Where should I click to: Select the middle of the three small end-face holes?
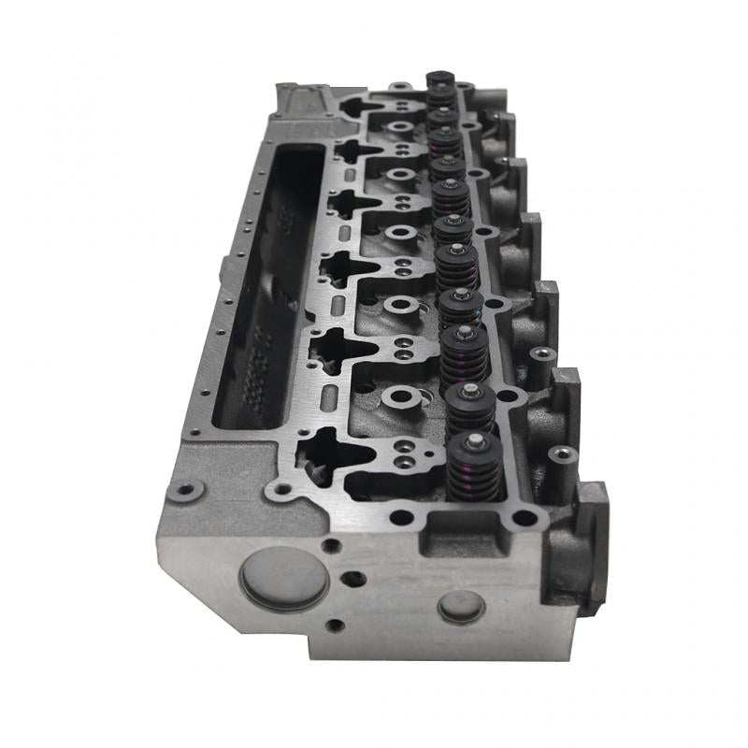(353, 579)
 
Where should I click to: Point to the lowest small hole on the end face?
(334, 626)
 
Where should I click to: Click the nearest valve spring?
(475, 468)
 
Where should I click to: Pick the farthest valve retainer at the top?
(439, 78)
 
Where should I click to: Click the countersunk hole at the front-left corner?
(188, 489)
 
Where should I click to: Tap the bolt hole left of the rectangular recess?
(401, 517)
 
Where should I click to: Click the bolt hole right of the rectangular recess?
(525, 517)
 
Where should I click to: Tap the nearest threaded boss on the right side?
(562, 454)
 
